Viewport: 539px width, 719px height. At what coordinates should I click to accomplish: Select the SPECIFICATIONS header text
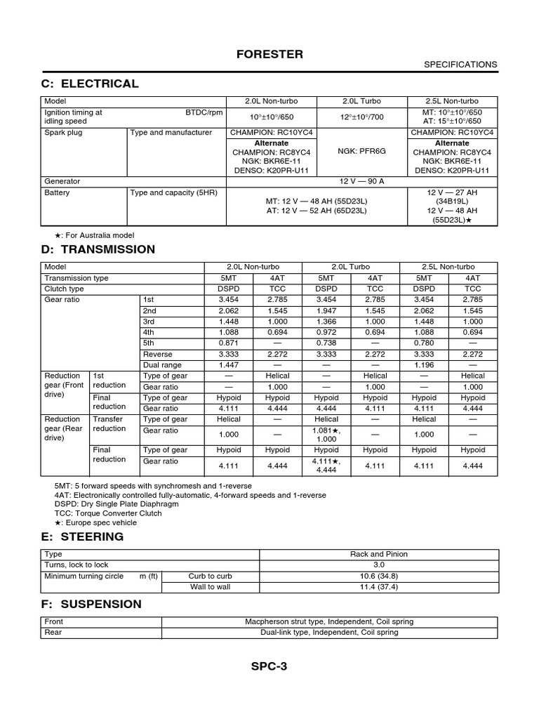[x=460, y=65]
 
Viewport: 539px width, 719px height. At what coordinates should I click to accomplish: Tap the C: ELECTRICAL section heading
[x=91, y=84]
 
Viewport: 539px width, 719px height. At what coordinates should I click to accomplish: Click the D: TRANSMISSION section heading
[x=99, y=249]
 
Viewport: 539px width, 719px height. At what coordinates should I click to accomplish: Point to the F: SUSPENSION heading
[x=93, y=604]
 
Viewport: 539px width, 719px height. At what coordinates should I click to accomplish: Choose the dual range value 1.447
[x=229, y=365]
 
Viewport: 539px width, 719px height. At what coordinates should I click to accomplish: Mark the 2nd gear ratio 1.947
[x=326, y=310]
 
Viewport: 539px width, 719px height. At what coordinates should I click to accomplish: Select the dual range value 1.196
[x=424, y=365]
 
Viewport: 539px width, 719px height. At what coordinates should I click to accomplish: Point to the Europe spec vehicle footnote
[x=95, y=522]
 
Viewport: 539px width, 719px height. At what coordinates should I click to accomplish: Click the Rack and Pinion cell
[x=379, y=554]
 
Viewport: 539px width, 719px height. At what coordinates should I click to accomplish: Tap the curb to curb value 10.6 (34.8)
[x=379, y=576]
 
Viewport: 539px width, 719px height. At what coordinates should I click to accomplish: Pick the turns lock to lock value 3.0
[x=379, y=565]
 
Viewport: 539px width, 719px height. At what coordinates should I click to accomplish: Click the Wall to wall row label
[x=210, y=587]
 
